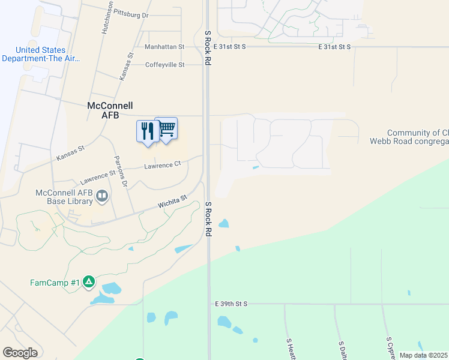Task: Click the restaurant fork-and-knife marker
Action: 148,131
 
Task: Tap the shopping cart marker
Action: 166,128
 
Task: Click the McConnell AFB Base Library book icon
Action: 103,196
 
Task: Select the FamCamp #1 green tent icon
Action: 89,281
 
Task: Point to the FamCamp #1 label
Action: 55,282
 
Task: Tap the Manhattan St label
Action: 164,46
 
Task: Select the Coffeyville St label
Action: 164,65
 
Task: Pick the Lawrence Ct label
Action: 162,164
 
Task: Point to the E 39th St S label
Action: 231,304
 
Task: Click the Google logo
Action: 20,353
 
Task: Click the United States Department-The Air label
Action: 40,54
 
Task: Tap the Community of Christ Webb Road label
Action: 418,137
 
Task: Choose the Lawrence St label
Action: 97,177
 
